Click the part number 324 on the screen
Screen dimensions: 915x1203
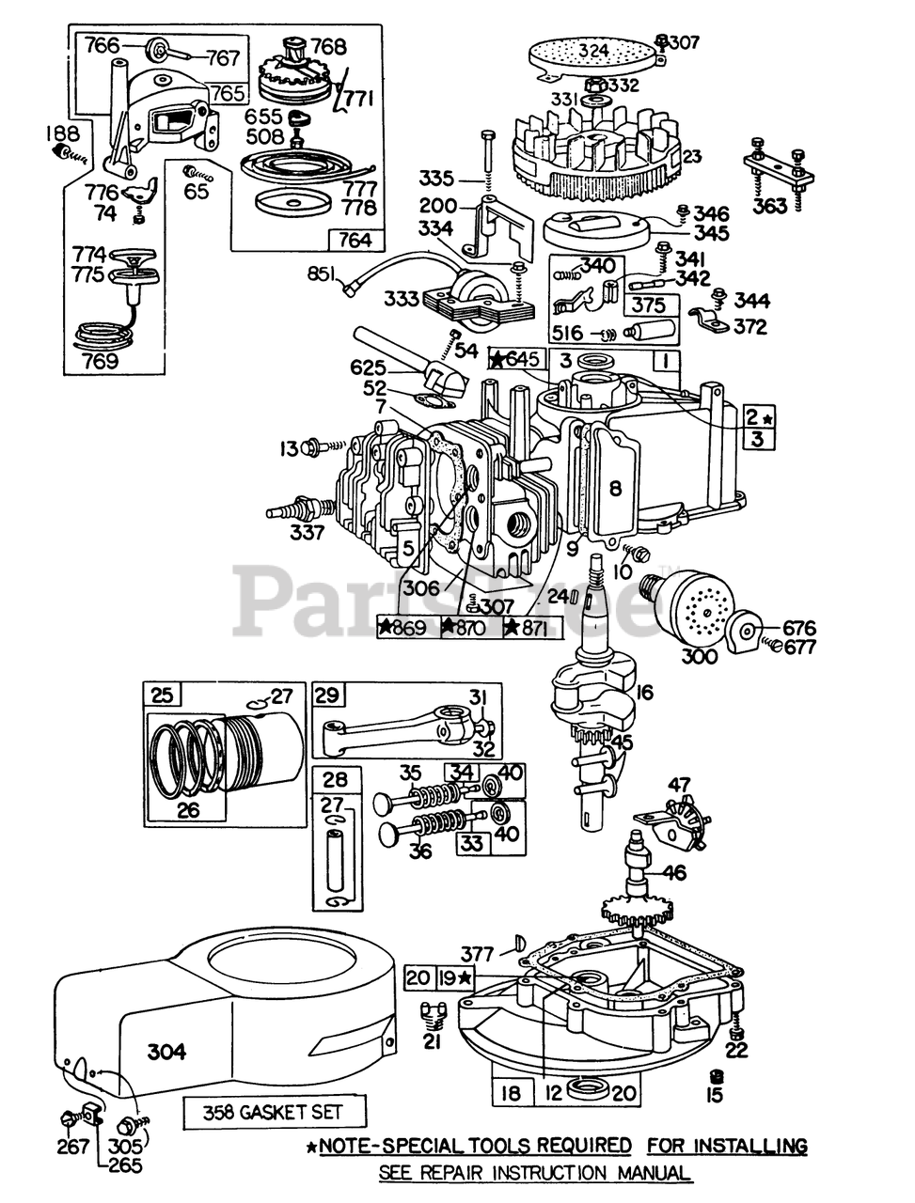click(593, 51)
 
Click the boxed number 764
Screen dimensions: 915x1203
click(355, 240)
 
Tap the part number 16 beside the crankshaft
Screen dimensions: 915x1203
click(645, 693)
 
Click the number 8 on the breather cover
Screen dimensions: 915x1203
click(616, 489)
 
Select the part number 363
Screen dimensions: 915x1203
click(770, 206)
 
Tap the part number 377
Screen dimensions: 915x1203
click(477, 955)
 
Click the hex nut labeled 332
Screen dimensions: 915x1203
click(596, 85)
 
